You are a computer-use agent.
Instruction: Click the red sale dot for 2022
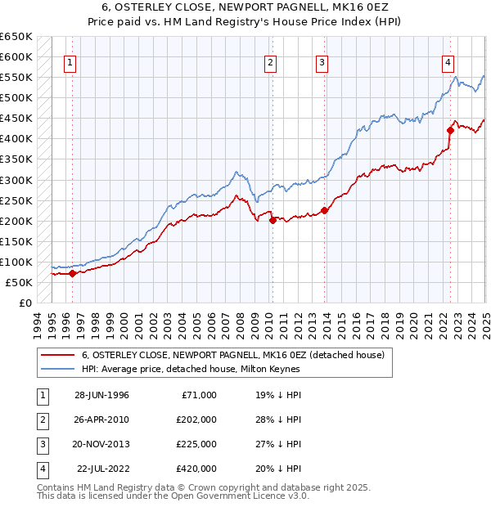click(450, 130)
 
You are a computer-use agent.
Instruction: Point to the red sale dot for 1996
click(72, 274)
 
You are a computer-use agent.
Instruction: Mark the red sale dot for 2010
click(273, 219)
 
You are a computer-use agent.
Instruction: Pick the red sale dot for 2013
click(324, 210)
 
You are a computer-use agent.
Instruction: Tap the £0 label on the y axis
click(25, 303)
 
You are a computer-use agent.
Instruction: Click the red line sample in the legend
click(58, 356)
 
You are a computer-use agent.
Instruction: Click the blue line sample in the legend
click(58, 369)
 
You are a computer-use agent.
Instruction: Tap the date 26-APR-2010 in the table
click(101, 420)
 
